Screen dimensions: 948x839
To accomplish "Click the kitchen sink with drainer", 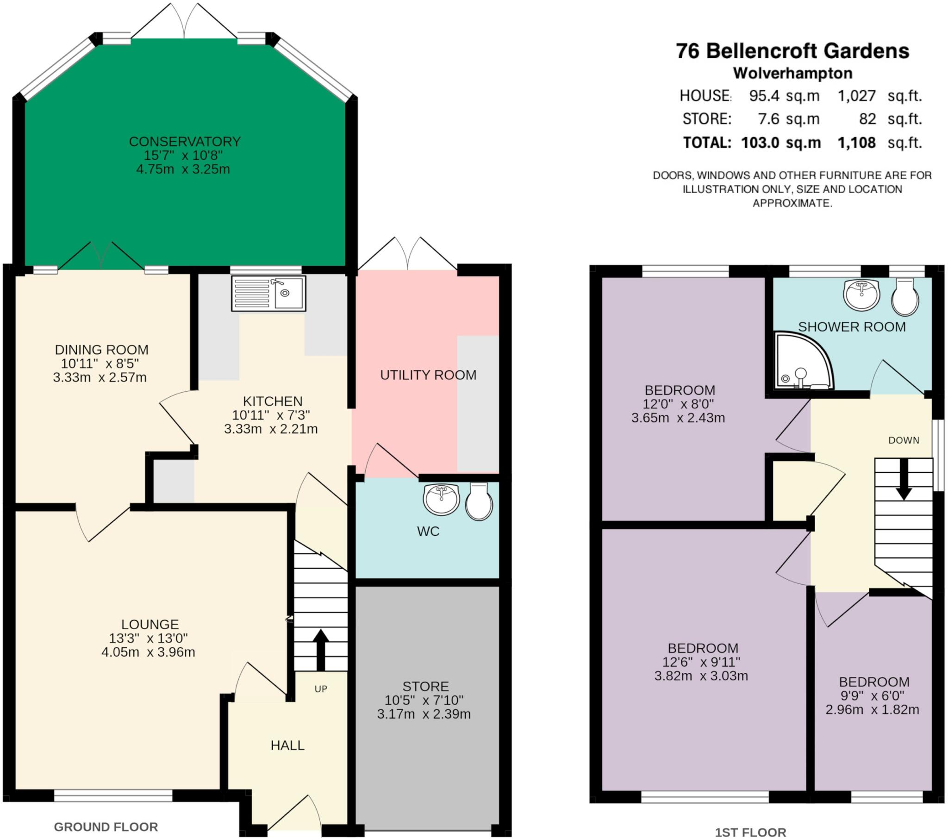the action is [268, 293].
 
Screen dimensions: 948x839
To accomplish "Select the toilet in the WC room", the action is [479, 501].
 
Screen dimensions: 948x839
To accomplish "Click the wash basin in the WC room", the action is [441, 499].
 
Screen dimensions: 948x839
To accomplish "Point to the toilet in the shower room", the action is [905, 297].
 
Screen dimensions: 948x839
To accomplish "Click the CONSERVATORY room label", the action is [185, 142].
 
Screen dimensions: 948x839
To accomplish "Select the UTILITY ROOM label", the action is [428, 375].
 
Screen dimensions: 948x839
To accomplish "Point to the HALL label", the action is [287, 745].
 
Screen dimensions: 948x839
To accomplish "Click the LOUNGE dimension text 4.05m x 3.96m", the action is [149, 652].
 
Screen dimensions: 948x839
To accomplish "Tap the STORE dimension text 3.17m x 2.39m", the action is [424, 714].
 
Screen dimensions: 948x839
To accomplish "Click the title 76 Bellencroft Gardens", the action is [792, 51].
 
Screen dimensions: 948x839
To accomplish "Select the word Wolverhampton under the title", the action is [792, 73].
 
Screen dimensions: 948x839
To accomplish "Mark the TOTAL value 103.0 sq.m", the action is [781, 143].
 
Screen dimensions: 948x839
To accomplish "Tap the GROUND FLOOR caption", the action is [106, 826].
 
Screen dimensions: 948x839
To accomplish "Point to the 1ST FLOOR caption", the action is [750, 833].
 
